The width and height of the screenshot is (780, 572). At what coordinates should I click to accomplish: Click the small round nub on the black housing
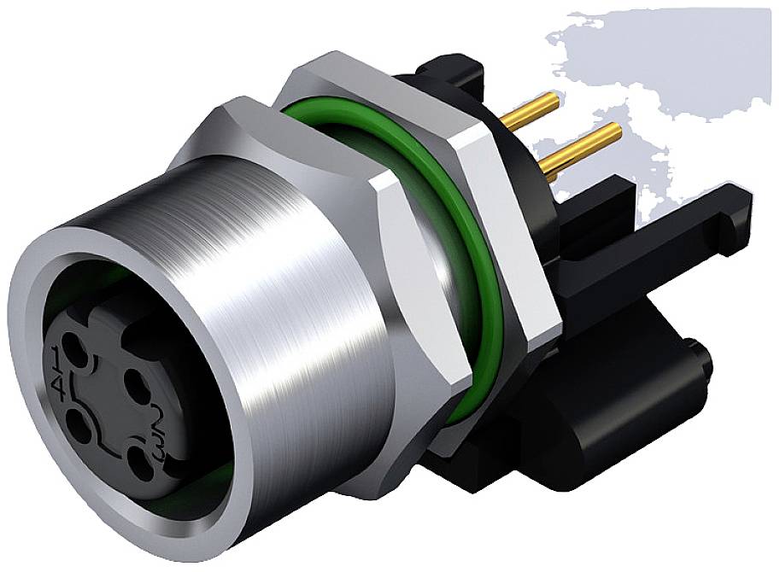coord(696,359)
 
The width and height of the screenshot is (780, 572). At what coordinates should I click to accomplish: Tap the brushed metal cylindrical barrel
coord(282,282)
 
